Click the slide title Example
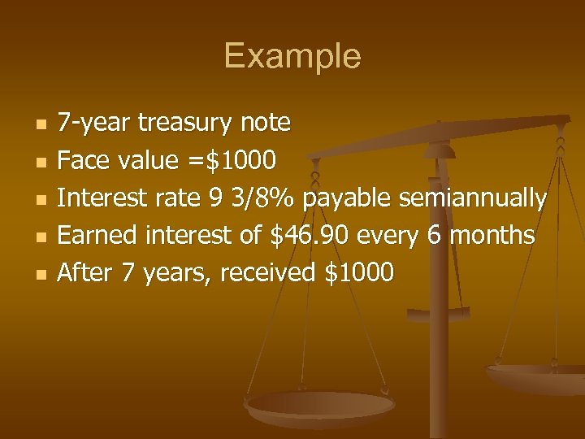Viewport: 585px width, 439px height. pos(292,57)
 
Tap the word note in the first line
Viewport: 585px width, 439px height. pos(266,123)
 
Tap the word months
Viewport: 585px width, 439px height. pos(492,235)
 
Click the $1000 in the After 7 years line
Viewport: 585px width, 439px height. pos(359,273)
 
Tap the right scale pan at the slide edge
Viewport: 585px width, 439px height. pos(540,378)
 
